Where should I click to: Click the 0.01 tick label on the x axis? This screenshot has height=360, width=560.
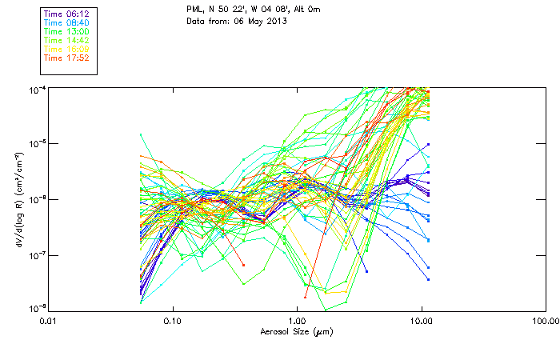(x=48, y=322)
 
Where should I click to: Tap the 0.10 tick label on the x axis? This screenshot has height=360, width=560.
(x=172, y=322)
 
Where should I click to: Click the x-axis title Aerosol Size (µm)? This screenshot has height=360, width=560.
(x=296, y=332)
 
